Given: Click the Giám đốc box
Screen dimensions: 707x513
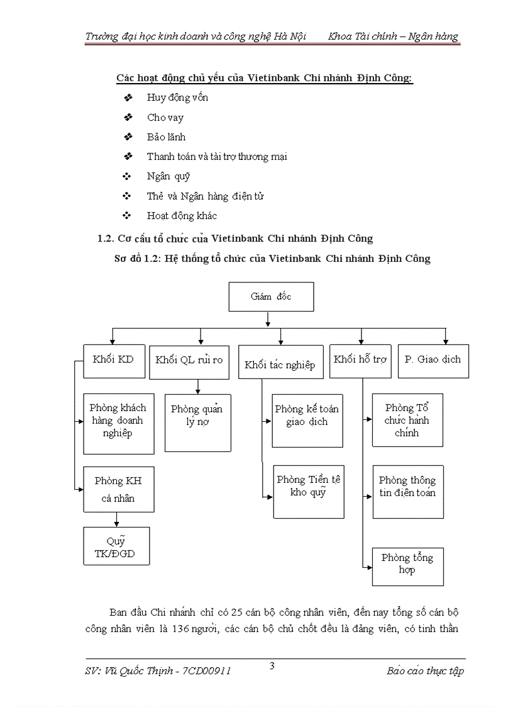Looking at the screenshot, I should [271, 297].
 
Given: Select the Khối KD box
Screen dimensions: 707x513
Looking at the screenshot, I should [113, 361].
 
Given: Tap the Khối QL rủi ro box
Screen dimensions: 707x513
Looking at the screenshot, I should [189, 361].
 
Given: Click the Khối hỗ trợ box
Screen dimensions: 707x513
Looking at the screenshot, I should [360, 361].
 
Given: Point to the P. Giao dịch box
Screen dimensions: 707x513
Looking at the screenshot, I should [433, 361].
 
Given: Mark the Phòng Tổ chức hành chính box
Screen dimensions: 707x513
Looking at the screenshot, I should [407, 420].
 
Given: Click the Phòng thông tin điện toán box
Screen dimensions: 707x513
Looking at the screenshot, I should [407, 492].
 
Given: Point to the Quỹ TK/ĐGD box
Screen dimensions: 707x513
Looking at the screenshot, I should [116, 546].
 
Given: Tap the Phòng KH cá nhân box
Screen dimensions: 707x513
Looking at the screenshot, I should [118, 490].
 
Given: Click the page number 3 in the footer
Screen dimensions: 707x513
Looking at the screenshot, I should [272, 666].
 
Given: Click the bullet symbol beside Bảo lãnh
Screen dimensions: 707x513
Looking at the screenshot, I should [128, 137].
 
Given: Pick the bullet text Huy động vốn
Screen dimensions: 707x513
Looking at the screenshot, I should [177, 98].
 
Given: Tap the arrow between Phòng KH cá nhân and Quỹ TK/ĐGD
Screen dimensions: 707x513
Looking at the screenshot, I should [116, 520].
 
